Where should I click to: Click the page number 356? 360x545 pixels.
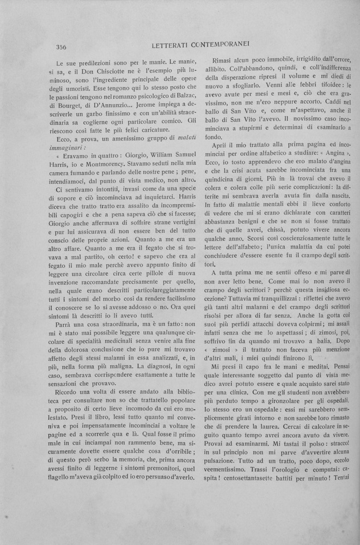click(x=64, y=47)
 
